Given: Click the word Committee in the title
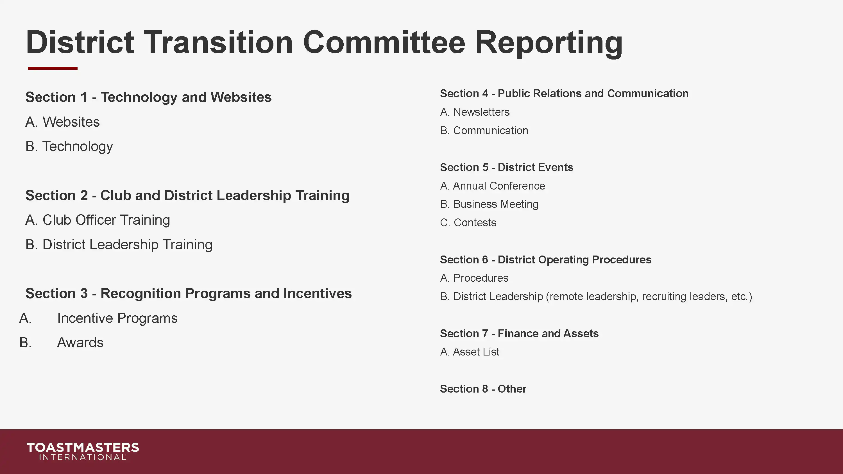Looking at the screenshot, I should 384,42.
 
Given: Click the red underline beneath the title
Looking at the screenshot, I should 53,68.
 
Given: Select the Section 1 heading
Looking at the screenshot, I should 148,97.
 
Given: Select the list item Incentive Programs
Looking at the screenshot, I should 117,318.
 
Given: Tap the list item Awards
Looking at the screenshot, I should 80,343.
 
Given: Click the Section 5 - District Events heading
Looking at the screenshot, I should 506,167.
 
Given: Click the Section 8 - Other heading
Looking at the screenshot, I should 483,389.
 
